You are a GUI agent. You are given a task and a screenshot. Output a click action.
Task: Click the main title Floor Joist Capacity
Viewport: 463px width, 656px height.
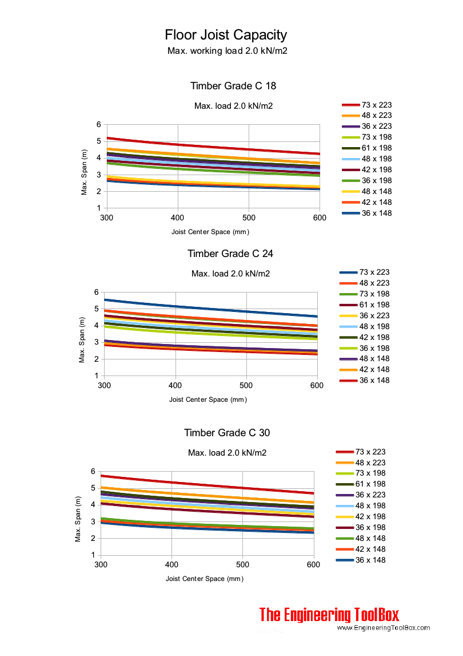pyautogui.click(x=226, y=35)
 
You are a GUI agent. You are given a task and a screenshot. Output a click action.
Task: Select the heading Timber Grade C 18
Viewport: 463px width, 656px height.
pyautogui.click(x=233, y=86)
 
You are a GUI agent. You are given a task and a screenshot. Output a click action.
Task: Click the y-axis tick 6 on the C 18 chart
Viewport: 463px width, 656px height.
pyautogui.click(x=98, y=125)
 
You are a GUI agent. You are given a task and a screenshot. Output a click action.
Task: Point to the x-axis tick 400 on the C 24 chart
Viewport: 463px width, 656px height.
pyautogui.click(x=175, y=386)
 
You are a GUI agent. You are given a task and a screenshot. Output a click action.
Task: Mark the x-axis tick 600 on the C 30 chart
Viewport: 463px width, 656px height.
pyautogui.click(x=314, y=565)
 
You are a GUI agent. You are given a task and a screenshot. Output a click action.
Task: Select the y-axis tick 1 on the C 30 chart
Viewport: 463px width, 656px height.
pyautogui.click(x=92, y=555)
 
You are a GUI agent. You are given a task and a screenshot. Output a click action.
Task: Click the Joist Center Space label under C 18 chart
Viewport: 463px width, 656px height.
pyautogui.click(x=210, y=232)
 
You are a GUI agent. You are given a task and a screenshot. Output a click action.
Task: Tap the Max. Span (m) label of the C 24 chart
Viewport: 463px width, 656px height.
pyautogui.click(x=82, y=334)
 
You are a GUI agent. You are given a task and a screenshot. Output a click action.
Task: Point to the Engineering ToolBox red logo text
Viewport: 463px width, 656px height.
pyautogui.click(x=329, y=615)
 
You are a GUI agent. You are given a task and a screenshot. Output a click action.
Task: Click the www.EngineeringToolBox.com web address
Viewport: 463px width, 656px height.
pyautogui.click(x=383, y=628)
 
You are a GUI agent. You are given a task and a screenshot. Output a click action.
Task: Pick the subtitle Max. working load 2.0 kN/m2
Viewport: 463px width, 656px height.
pyautogui.click(x=227, y=51)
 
